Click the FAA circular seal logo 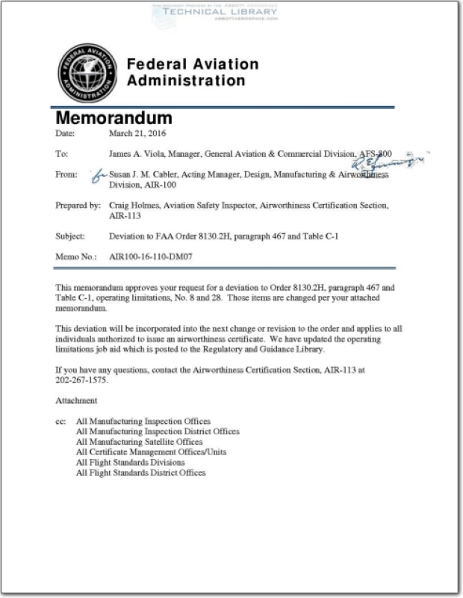coord(87,73)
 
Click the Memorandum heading coord(114,118)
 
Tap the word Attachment coord(76,401)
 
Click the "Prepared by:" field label coord(78,205)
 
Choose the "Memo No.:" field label coord(73,256)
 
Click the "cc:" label coord(61,422)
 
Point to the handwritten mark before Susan coord(97,176)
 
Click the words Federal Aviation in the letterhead coord(193,65)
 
